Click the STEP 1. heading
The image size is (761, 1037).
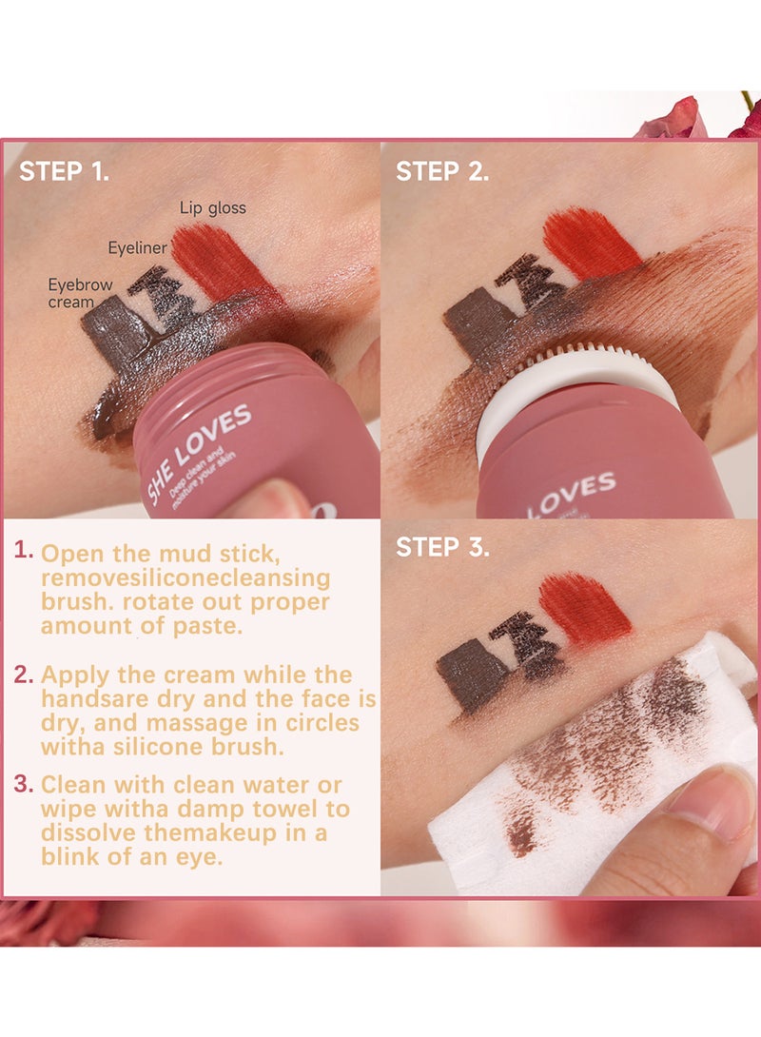coord(64,171)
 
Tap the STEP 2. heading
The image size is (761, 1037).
coord(442,171)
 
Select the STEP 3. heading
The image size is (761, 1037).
coord(442,548)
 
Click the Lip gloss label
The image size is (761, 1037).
coord(213,207)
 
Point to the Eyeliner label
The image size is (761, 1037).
coord(137,248)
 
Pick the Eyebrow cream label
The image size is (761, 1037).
coord(80,294)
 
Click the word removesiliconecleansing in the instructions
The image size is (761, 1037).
coord(185,577)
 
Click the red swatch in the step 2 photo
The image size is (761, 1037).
coord(590,243)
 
